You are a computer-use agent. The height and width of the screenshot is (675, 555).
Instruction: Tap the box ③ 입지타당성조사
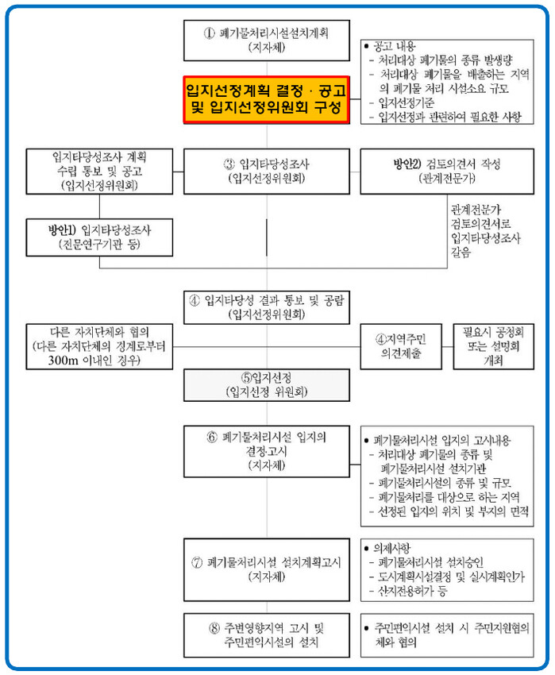pos(266,171)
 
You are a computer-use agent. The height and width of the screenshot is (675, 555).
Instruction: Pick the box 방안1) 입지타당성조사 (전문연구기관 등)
pos(99,237)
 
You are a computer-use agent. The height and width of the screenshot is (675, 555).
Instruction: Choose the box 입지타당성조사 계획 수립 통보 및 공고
pos(99,171)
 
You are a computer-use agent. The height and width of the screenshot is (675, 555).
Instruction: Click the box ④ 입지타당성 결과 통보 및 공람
pos(266,307)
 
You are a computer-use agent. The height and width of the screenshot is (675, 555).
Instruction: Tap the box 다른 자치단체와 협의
pos(99,346)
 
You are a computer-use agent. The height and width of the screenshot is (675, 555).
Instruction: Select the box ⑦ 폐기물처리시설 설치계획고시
pos(266,569)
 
